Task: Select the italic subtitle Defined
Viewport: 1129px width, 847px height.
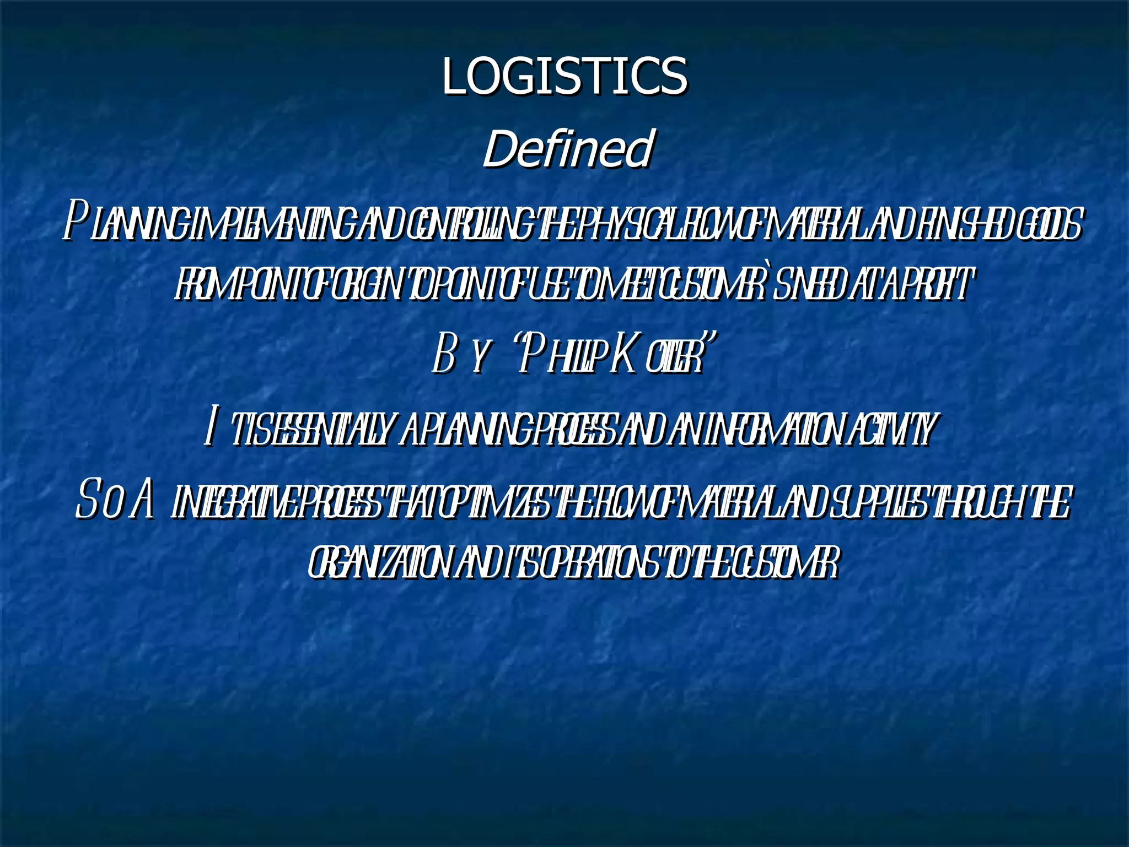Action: click(568, 148)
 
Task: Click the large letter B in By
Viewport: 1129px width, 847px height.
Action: click(444, 356)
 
